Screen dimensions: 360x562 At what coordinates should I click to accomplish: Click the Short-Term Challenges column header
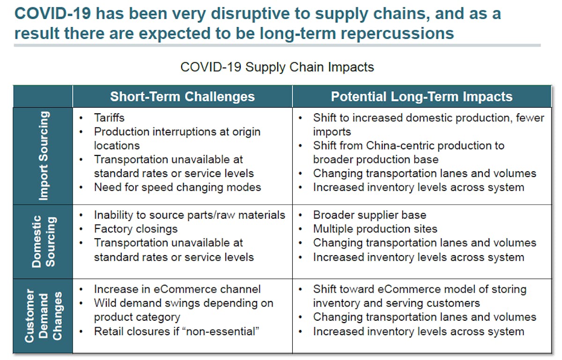[x=182, y=96]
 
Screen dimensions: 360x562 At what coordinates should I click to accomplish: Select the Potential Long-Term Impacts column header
[x=421, y=96]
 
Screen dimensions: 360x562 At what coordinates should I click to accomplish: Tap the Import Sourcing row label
[x=43, y=156]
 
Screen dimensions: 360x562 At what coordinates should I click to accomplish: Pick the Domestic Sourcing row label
[x=43, y=241]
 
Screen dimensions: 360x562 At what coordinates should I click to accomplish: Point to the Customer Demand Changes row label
[x=43, y=316]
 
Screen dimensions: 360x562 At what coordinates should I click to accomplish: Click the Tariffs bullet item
[x=109, y=118]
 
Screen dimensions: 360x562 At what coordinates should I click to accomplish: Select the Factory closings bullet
[x=136, y=229]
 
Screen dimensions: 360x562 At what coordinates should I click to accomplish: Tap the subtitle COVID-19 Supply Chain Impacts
[x=277, y=67]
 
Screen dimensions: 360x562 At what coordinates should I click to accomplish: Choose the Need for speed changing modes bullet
[x=177, y=187]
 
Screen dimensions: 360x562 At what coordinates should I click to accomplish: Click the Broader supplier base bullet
[x=370, y=215]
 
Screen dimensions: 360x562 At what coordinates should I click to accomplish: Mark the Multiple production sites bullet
[x=375, y=229]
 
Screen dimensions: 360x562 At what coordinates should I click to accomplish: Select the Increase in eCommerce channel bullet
[x=177, y=289]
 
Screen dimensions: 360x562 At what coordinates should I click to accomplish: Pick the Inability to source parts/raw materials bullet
[x=189, y=215]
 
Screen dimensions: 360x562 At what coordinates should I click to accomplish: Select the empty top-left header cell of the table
[x=43, y=96]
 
